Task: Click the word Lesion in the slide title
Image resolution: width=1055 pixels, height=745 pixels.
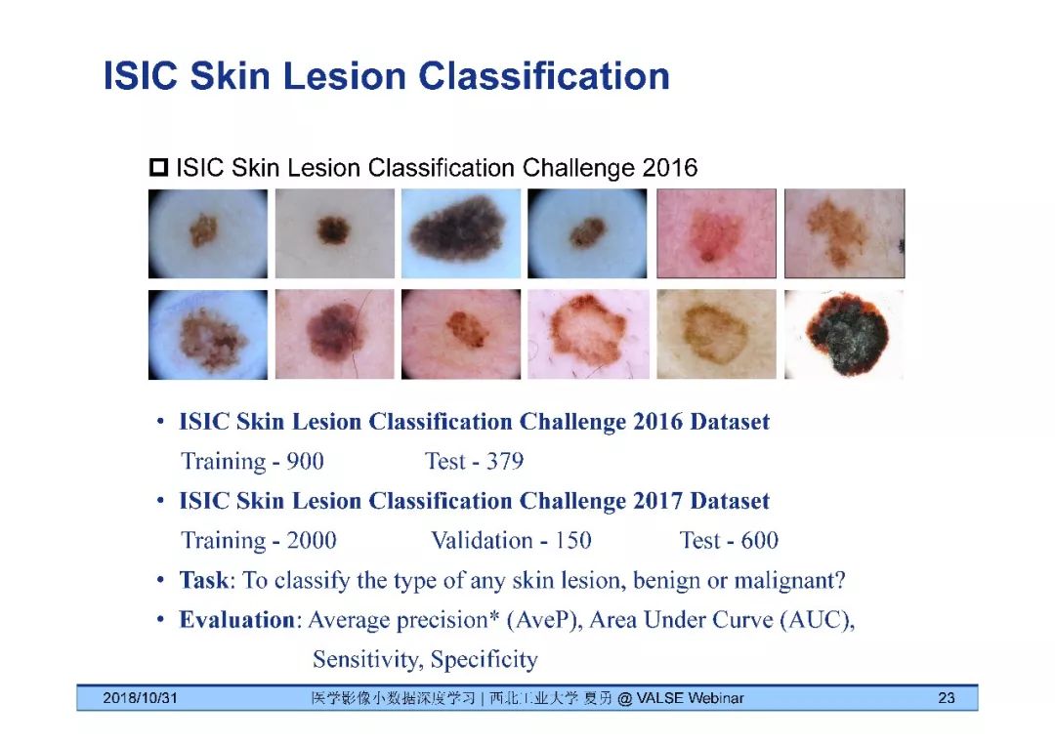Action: coord(344,74)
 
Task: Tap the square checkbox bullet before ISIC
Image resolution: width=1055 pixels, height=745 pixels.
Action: coord(159,167)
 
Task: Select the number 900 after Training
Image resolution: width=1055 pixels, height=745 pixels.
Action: coord(305,461)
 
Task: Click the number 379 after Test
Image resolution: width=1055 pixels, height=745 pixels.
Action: coord(505,461)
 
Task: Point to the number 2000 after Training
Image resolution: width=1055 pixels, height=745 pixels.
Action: coord(312,541)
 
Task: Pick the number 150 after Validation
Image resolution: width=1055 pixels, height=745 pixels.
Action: coord(572,541)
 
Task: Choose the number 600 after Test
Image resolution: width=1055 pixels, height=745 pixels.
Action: coord(760,541)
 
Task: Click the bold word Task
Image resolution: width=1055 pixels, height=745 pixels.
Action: coord(204,580)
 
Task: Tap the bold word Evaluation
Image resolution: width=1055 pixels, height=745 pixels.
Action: coord(236,619)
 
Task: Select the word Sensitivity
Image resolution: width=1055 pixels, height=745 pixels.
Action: coord(368,660)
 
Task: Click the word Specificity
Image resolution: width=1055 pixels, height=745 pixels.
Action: coord(485,660)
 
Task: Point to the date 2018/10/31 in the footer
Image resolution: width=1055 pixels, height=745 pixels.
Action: coord(140,698)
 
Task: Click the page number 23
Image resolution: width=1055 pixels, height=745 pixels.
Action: coord(946,698)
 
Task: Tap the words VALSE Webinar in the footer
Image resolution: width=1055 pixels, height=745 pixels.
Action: coord(691,698)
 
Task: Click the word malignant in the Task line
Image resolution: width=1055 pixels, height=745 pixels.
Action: coord(788,580)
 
